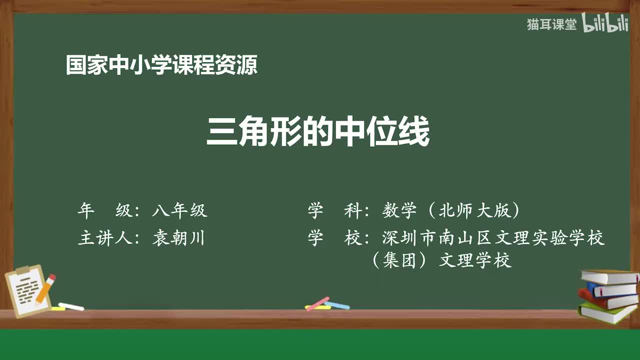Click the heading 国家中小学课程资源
pyautogui.click(x=161, y=65)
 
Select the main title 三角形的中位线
pyautogui.click(x=318, y=132)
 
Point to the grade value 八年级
pyautogui.click(x=179, y=211)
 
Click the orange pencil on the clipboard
pyautogui.click(x=45, y=288)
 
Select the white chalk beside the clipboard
pyautogui.click(x=70, y=306)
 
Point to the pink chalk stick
pyautogui.click(x=317, y=303)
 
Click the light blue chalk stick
pyautogui.click(x=337, y=305)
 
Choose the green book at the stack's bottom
pyautogui.click(x=606, y=312)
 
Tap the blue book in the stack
pyautogui.click(x=611, y=289)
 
